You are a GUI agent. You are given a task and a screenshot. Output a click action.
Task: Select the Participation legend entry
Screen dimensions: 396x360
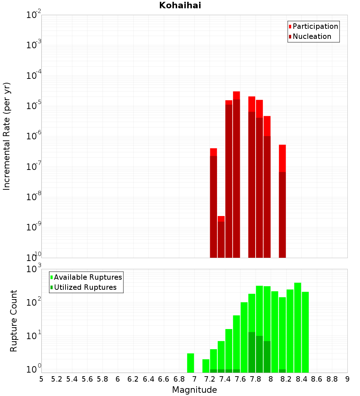(315, 26)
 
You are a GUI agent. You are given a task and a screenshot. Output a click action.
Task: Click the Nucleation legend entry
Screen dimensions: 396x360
(311, 36)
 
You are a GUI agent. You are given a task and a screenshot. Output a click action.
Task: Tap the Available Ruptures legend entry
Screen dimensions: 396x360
(87, 277)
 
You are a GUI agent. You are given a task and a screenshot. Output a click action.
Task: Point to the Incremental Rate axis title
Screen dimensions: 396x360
(7, 136)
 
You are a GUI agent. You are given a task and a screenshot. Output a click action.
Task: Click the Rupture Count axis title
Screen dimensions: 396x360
(14, 321)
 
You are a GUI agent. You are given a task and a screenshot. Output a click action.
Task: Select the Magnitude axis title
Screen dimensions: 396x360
(194, 390)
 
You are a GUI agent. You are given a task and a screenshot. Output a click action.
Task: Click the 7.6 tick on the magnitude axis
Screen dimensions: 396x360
(240, 379)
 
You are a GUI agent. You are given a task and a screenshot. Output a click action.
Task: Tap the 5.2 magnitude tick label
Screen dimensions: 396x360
(57, 379)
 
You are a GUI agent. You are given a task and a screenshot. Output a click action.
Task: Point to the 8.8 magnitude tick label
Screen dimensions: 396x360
(332, 379)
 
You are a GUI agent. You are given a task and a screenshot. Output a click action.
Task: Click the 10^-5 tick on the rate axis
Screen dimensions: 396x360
(34, 106)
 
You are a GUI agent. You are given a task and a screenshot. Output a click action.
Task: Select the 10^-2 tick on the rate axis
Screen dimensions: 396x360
(34, 15)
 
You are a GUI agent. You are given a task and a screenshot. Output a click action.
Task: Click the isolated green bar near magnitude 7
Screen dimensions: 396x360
(190, 363)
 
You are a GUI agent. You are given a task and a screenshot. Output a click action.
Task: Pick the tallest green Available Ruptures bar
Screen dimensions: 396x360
(298, 328)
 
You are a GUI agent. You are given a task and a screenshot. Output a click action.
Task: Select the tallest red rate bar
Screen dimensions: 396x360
(236, 175)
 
